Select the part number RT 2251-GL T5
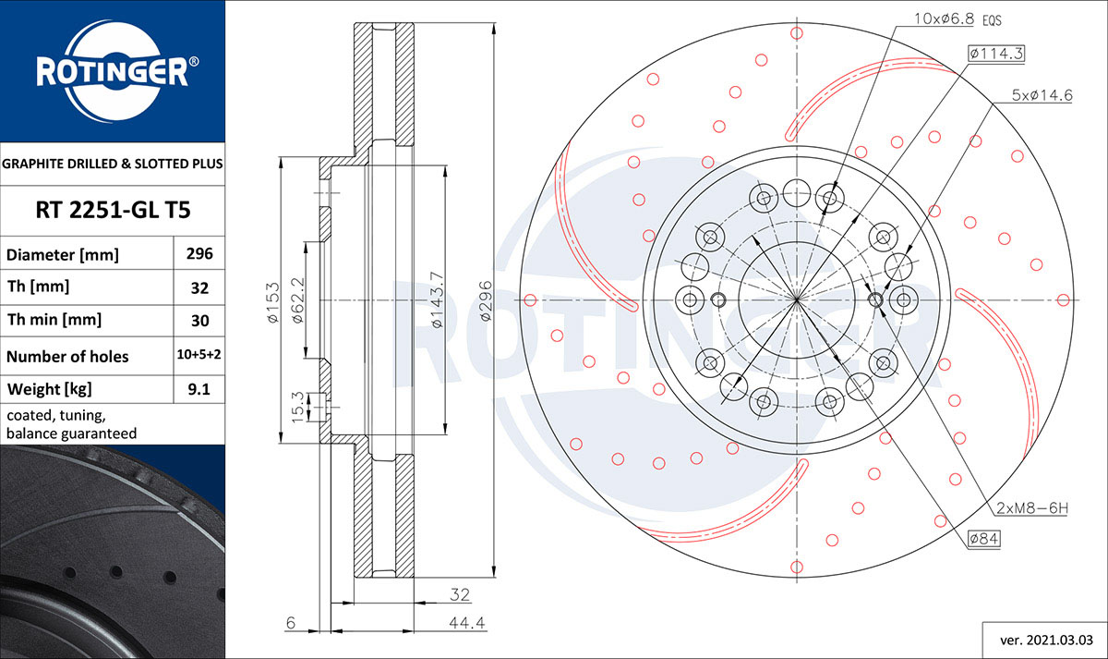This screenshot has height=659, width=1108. pos(113,210)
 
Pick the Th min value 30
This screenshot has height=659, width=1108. pos(199,321)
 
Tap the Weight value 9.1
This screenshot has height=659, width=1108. pos(199,389)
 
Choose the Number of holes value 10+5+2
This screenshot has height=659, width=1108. pos(199,356)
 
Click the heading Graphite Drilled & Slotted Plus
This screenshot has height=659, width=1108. pos(113,164)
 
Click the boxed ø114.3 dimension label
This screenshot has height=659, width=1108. pos(996,54)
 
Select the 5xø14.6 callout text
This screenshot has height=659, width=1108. pos(1041,94)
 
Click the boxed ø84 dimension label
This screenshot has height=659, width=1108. pos(984,538)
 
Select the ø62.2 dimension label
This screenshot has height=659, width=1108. pos(297,299)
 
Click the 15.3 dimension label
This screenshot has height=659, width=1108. pos(297,406)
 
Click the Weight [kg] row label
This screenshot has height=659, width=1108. pos(50,389)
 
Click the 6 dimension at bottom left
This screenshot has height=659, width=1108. pos(290,624)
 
